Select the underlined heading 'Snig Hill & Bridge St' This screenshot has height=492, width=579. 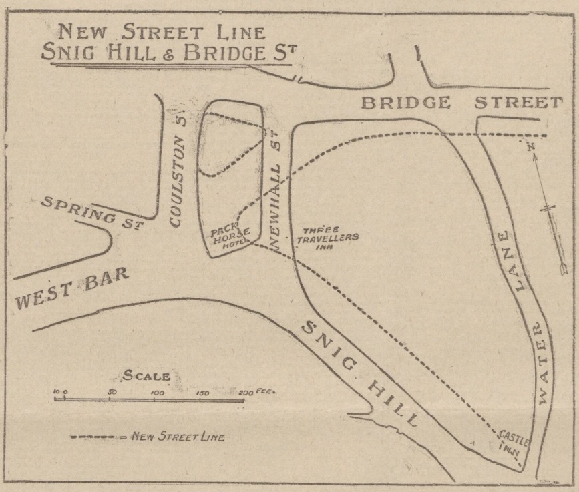click(x=166, y=53)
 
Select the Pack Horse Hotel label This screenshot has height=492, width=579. click(x=231, y=238)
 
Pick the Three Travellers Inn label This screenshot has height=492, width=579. click(x=327, y=237)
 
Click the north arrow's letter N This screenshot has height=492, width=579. click(x=531, y=148)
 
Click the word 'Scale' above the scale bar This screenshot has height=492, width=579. click(x=146, y=376)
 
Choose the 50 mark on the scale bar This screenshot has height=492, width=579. click(x=112, y=393)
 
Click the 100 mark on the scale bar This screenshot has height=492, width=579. click(x=158, y=393)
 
